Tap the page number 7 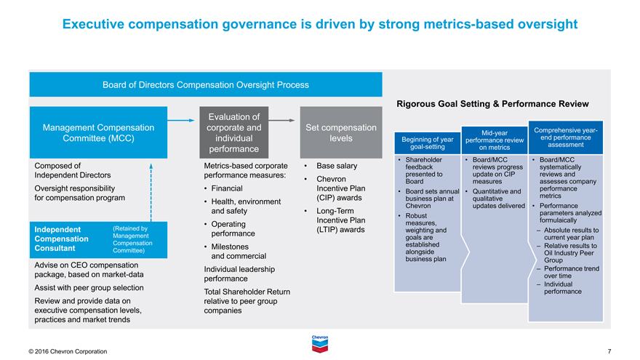click(609, 352)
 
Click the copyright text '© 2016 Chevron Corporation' click(68, 352)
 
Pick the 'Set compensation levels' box click(340, 133)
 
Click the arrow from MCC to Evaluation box click(182, 119)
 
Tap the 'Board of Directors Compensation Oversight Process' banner click(205, 84)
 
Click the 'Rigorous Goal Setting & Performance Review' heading click(492, 104)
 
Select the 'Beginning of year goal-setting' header click(428, 143)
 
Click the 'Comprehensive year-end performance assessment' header click(566, 137)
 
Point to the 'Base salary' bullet click(337, 166)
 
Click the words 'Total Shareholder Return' click(247, 292)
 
